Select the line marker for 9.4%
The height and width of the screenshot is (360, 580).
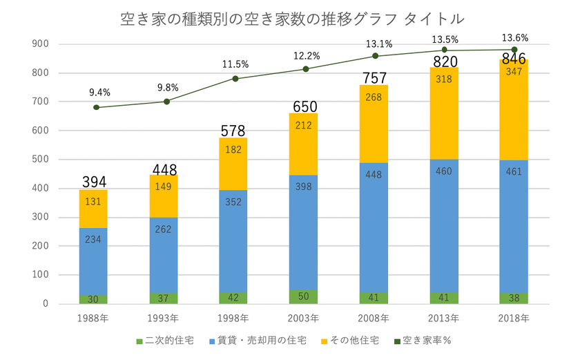pos(96,107)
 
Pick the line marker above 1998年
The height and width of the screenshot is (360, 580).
pos(235,79)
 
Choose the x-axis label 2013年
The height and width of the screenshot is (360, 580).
pos(445,319)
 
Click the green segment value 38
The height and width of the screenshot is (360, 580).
pos(514,298)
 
